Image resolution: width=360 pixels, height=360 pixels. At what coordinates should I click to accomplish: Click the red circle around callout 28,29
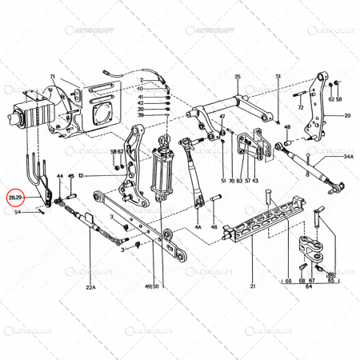coord(15,196)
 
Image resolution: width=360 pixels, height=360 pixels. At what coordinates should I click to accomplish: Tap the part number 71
coord(52,78)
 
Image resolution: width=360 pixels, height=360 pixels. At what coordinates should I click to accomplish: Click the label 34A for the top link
coord(349,158)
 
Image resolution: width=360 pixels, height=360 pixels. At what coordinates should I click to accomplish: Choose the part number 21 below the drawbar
coord(252,286)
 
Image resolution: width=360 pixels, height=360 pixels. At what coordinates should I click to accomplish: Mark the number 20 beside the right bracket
coord(348,115)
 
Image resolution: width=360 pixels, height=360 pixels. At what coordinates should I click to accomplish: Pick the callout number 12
coord(81,175)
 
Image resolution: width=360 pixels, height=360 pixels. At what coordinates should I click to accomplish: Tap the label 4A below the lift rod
coord(197,226)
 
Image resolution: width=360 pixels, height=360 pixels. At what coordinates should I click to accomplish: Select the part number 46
coord(214,227)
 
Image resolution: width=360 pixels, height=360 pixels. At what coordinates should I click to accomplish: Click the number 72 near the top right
coord(301,107)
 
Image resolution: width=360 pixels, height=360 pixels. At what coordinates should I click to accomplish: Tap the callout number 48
coord(287,126)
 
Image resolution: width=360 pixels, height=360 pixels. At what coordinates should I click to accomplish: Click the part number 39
coord(140,116)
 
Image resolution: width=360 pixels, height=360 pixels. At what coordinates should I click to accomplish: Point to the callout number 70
coord(230,182)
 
